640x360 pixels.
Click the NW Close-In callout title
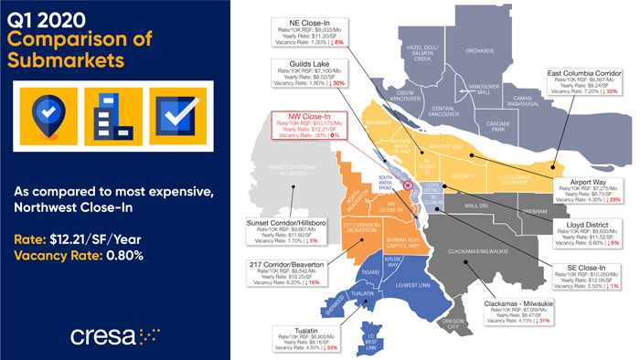click(x=300, y=117)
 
